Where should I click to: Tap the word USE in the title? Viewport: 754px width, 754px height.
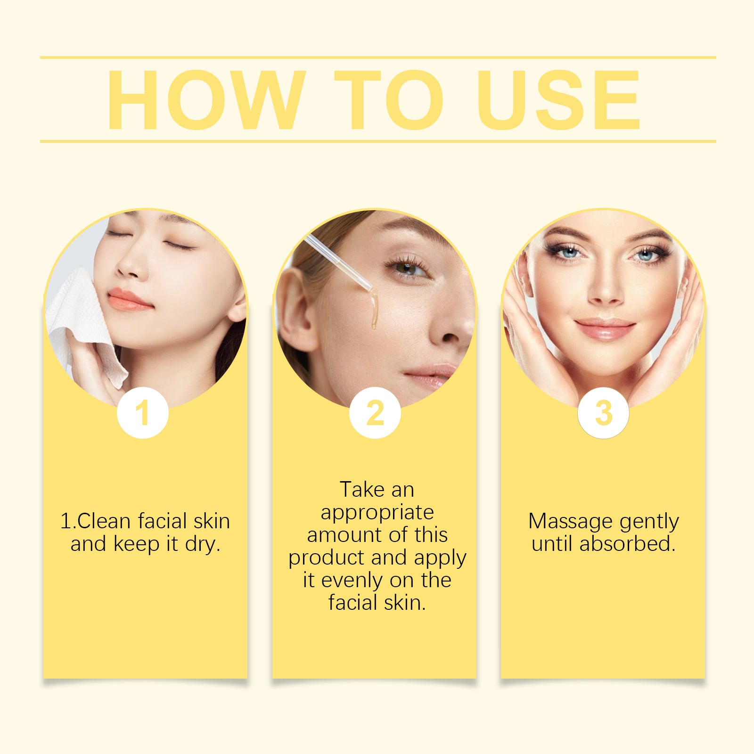click(558, 100)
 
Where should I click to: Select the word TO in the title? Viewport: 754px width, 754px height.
click(389, 100)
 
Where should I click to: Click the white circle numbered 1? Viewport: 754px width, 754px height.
click(143, 413)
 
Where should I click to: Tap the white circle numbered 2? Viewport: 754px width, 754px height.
click(375, 413)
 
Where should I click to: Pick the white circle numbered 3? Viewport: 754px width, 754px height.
click(604, 413)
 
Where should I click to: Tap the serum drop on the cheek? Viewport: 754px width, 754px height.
click(374, 311)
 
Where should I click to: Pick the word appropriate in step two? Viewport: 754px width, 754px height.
click(377, 512)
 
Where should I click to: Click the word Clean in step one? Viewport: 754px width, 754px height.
click(104, 522)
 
